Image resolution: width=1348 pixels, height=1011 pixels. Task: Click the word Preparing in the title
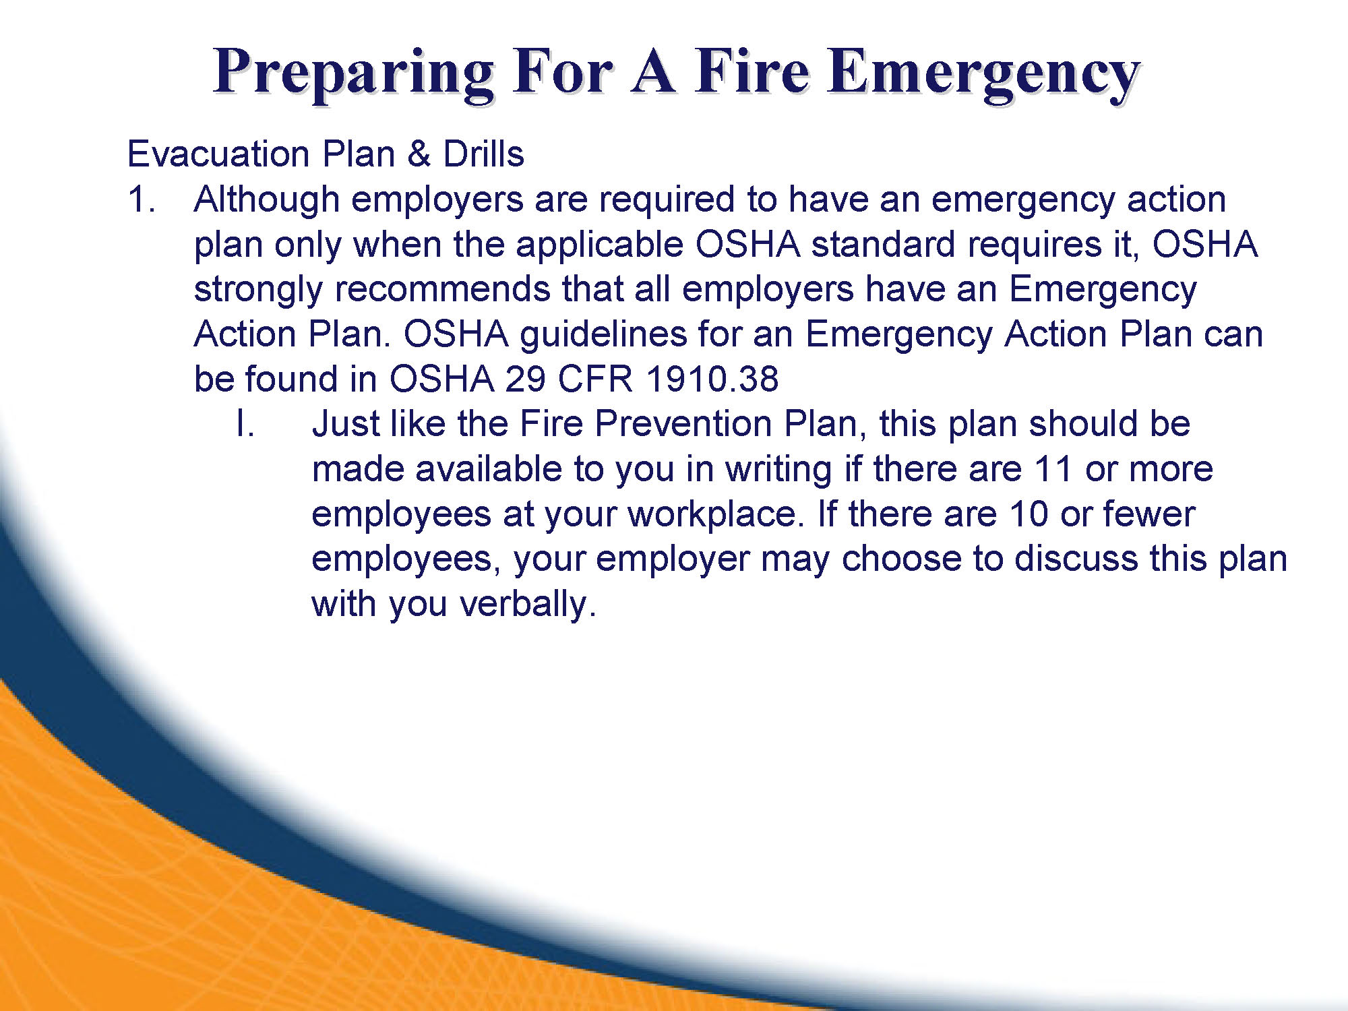(354, 73)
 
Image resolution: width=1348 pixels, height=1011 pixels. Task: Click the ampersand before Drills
(419, 154)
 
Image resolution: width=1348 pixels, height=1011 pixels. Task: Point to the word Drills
(483, 154)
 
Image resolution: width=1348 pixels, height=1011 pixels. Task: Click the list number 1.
(141, 200)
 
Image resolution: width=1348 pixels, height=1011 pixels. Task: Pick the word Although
(267, 201)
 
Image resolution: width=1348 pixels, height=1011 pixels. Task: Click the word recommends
(442, 289)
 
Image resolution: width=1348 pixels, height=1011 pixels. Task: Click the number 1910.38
(712, 379)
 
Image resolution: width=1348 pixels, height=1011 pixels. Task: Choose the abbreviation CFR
(595, 379)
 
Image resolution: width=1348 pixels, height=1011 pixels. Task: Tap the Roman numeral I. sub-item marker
(245, 425)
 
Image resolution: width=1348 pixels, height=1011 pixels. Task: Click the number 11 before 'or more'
(1052, 469)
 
